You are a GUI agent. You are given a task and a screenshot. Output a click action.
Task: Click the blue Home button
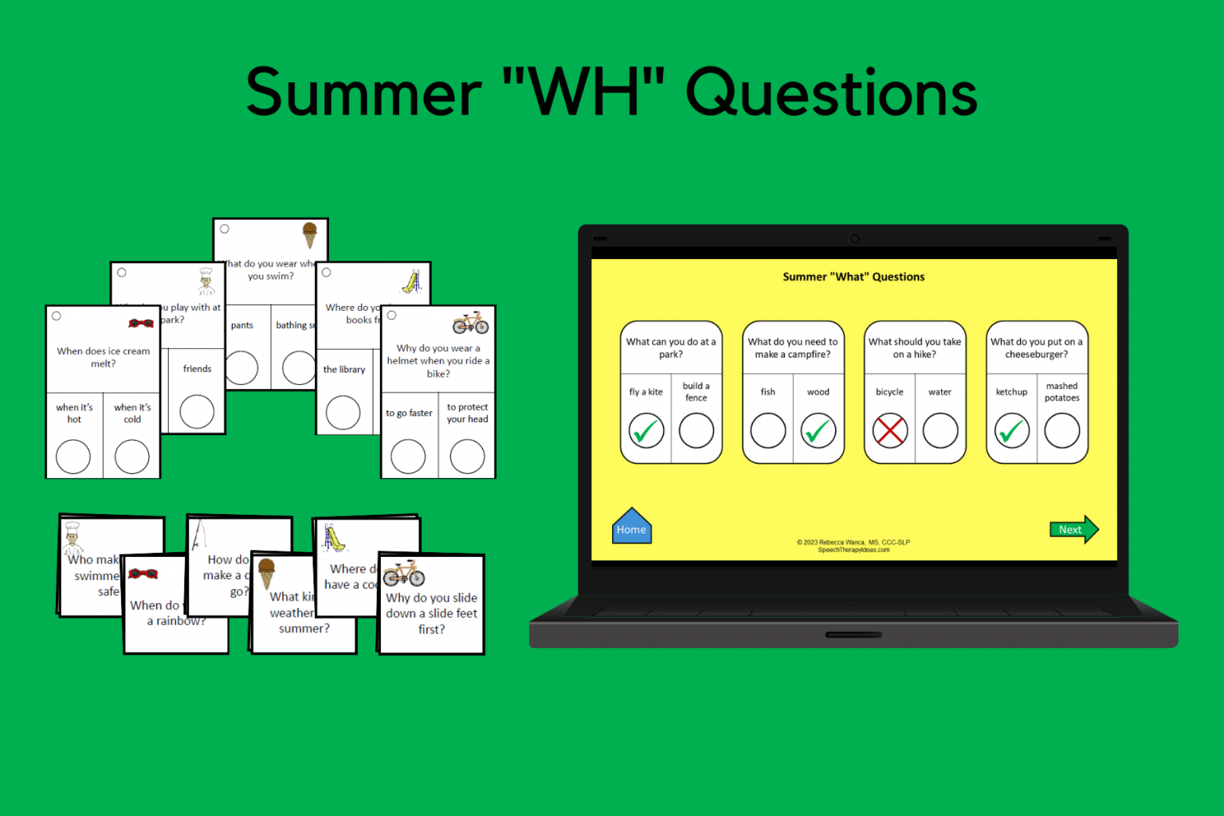(631, 528)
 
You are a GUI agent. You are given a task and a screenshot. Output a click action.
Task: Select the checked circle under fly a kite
(646, 431)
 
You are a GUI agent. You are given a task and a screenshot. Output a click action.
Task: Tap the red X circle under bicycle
(889, 431)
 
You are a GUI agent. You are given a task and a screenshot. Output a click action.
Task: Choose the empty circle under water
(940, 431)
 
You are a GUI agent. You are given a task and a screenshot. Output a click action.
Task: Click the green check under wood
(818, 431)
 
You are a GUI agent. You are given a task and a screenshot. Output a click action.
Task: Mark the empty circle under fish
(768, 431)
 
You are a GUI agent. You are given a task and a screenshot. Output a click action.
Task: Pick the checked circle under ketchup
(1011, 431)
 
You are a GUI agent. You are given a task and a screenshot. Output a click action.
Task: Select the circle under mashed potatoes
(1062, 431)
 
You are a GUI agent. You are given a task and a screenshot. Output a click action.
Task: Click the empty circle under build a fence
(696, 431)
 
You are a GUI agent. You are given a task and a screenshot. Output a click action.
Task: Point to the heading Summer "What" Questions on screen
(853, 277)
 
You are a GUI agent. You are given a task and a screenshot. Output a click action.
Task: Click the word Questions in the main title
(831, 93)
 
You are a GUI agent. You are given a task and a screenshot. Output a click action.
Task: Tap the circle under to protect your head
(467, 457)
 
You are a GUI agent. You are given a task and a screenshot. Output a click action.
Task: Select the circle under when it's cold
(132, 457)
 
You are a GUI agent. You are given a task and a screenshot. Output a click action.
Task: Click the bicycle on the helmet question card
(470, 323)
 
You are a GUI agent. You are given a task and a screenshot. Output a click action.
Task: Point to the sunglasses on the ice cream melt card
(141, 323)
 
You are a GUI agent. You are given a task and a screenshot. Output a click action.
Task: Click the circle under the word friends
(197, 412)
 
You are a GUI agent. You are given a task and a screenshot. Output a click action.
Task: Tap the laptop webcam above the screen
(854, 238)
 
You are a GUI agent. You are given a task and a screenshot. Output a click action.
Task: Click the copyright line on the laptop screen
(853, 542)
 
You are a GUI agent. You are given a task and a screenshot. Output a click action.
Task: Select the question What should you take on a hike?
(915, 347)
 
